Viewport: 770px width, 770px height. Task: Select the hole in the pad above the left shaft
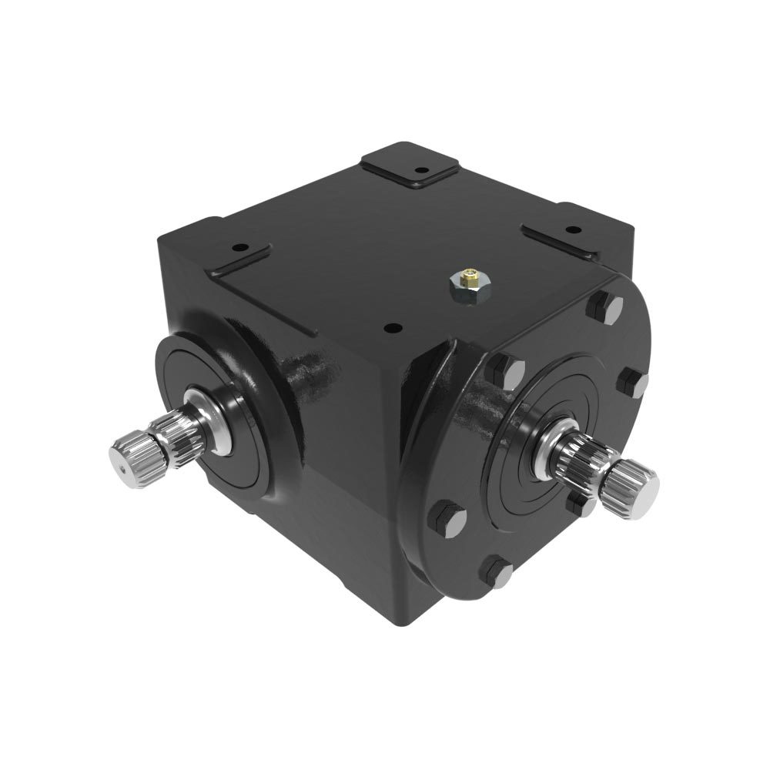point(239,249)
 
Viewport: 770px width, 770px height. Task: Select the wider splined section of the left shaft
point(175,431)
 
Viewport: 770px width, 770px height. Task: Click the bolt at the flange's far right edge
point(634,382)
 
